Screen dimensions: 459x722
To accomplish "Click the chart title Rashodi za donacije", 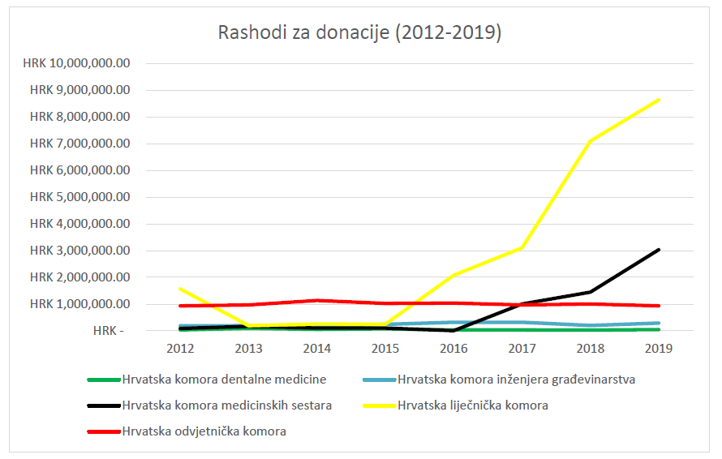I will [x=359, y=32].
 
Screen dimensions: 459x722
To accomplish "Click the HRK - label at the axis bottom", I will [x=109, y=331].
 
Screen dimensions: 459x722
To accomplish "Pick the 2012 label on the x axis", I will [x=179, y=348].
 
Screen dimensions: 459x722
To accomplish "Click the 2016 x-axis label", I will [x=453, y=348].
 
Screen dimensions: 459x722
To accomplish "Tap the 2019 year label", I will [x=659, y=348].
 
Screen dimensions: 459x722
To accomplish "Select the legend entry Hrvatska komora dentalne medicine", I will [x=223, y=380].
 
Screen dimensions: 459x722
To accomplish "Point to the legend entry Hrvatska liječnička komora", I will [x=472, y=405].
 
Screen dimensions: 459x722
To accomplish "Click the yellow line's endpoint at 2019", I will [x=659, y=100].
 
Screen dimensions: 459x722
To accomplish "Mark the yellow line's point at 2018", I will [x=591, y=141].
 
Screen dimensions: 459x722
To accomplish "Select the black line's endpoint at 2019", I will [x=659, y=250].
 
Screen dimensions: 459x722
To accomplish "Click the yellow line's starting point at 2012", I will [x=179, y=288].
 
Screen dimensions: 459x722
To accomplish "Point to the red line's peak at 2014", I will [x=316, y=300].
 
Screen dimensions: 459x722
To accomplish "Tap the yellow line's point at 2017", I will [x=522, y=247].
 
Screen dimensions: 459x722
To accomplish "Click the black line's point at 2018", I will [x=591, y=292].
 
